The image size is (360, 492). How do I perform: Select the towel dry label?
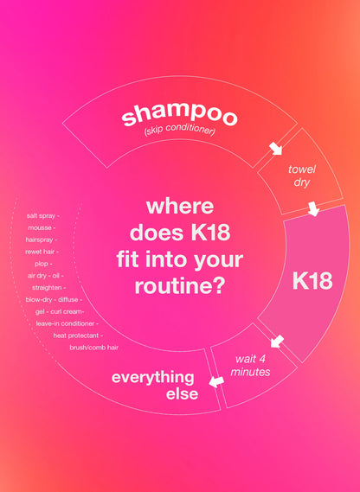tap(302, 177)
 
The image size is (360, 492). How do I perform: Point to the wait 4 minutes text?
tap(253, 366)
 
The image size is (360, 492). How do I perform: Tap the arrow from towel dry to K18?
tap(312, 209)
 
